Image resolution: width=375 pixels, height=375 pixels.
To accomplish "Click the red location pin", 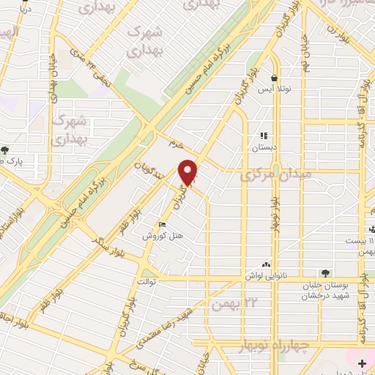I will pyautogui.click(x=189, y=173).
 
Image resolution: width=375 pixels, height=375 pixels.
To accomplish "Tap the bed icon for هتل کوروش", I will pyautogui.click(x=162, y=225).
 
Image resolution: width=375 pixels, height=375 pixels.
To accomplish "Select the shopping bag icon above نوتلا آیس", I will pyautogui.click(x=274, y=78).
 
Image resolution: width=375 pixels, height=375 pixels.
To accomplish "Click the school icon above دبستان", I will pyautogui.click(x=264, y=135).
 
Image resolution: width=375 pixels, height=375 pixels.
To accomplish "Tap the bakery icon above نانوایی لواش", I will pyautogui.click(x=265, y=265).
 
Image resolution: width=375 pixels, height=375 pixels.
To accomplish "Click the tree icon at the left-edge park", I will pyautogui.click(x=6, y=151).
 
